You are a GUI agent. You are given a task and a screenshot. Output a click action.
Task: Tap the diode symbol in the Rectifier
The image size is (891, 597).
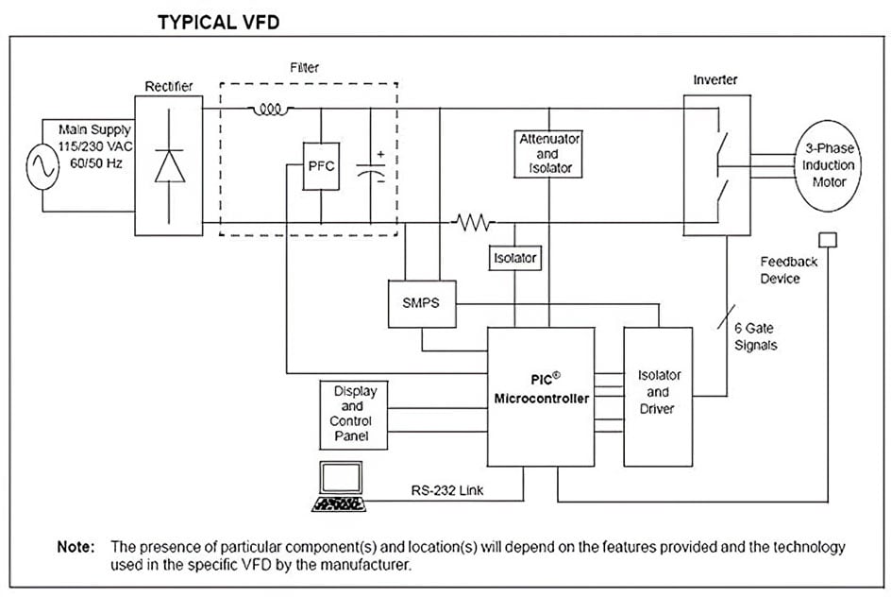[x=170, y=165]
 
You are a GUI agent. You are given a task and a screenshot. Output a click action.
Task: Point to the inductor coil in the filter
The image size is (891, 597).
[x=271, y=110]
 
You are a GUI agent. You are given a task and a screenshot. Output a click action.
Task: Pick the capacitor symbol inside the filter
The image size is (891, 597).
[x=371, y=167]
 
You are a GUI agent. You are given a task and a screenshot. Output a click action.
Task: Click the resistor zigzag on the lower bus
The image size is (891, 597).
[x=474, y=223]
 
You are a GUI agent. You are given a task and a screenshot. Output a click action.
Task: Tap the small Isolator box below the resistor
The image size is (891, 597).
[x=514, y=257]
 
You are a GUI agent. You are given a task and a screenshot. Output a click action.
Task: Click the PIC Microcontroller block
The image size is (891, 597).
[x=541, y=396]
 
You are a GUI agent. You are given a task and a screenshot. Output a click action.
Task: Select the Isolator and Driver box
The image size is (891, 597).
[x=658, y=396]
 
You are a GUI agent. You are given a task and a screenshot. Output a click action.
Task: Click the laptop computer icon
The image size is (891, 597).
[x=337, y=487]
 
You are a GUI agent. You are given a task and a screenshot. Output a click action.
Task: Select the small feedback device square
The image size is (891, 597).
[x=827, y=237]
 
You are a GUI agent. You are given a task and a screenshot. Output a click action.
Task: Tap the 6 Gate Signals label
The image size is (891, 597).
[x=756, y=335]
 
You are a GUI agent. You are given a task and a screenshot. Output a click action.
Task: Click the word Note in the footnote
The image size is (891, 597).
[x=76, y=547]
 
